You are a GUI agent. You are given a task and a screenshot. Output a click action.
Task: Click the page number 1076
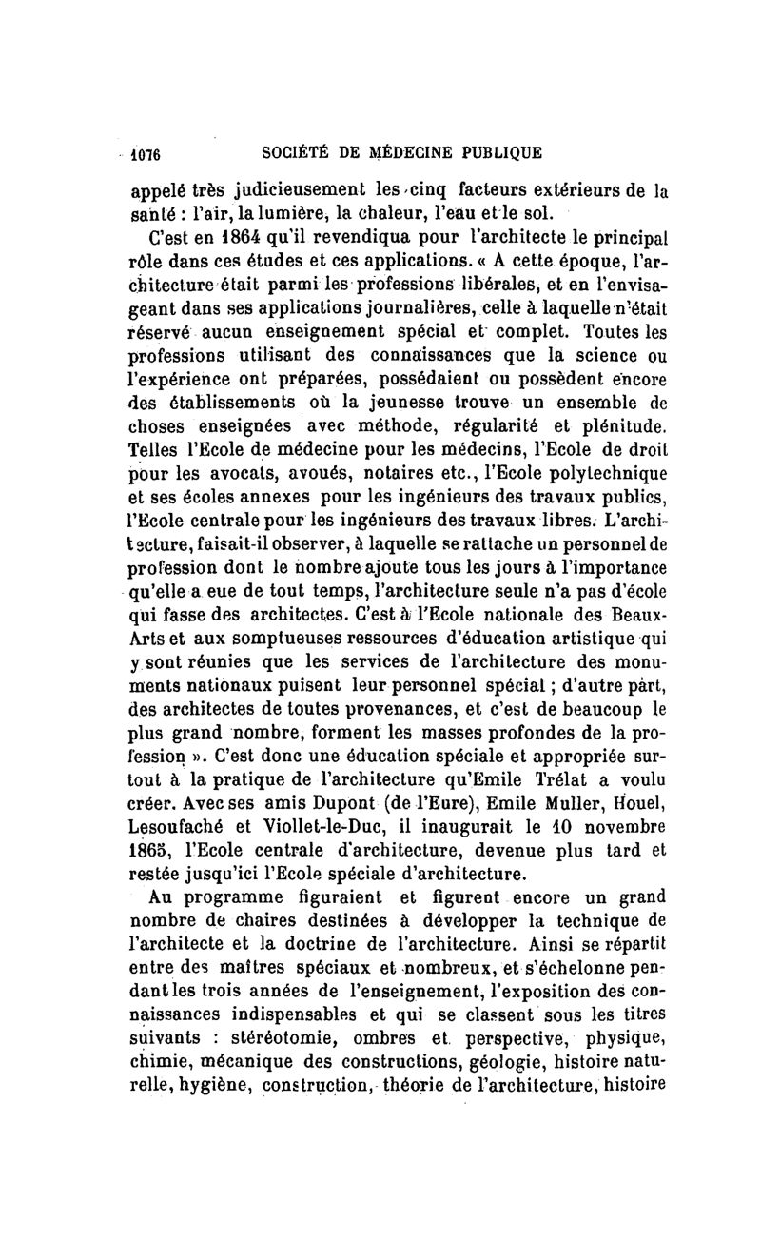148,152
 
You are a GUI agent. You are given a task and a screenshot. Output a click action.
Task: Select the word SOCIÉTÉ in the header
291,152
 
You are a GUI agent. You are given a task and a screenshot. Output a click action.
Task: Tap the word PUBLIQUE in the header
494,152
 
